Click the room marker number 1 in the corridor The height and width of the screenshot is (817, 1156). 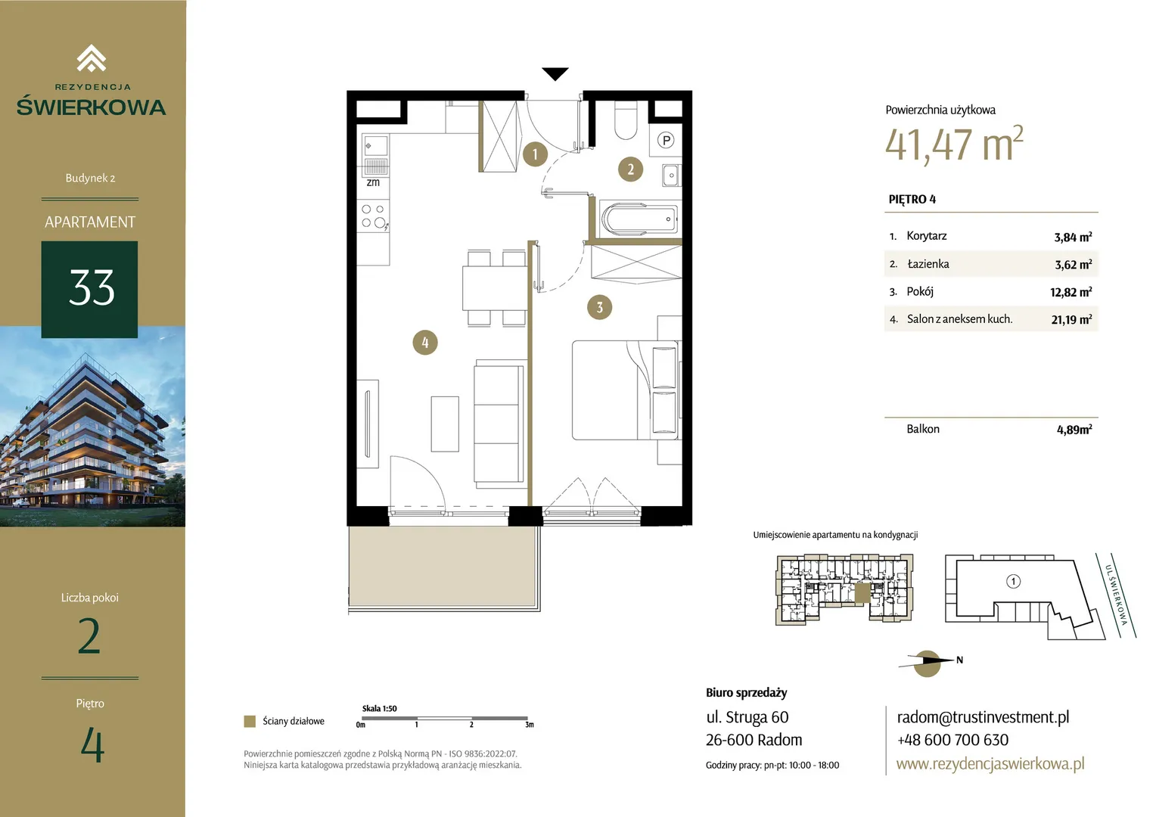tap(535, 154)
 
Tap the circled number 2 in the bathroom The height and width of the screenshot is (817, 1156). tap(631, 169)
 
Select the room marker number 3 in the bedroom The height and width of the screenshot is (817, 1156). tap(600, 307)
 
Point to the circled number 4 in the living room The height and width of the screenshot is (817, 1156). tap(425, 342)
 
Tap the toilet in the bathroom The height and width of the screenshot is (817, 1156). tap(626, 120)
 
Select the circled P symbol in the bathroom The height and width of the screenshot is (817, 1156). tap(667, 140)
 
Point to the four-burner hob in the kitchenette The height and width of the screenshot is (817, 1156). tap(374, 216)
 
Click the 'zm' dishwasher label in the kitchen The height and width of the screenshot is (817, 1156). tap(373, 182)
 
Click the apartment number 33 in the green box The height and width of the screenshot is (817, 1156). tap(92, 288)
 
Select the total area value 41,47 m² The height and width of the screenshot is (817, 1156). tap(954, 144)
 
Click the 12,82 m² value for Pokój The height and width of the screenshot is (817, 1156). tap(1071, 292)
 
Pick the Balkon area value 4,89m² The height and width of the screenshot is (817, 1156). tap(1074, 430)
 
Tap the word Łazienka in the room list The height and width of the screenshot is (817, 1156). tap(928, 264)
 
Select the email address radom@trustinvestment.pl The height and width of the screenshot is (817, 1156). tap(983, 717)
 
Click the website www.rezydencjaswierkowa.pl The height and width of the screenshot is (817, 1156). tap(990, 764)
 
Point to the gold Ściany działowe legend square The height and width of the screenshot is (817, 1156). tap(250, 722)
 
